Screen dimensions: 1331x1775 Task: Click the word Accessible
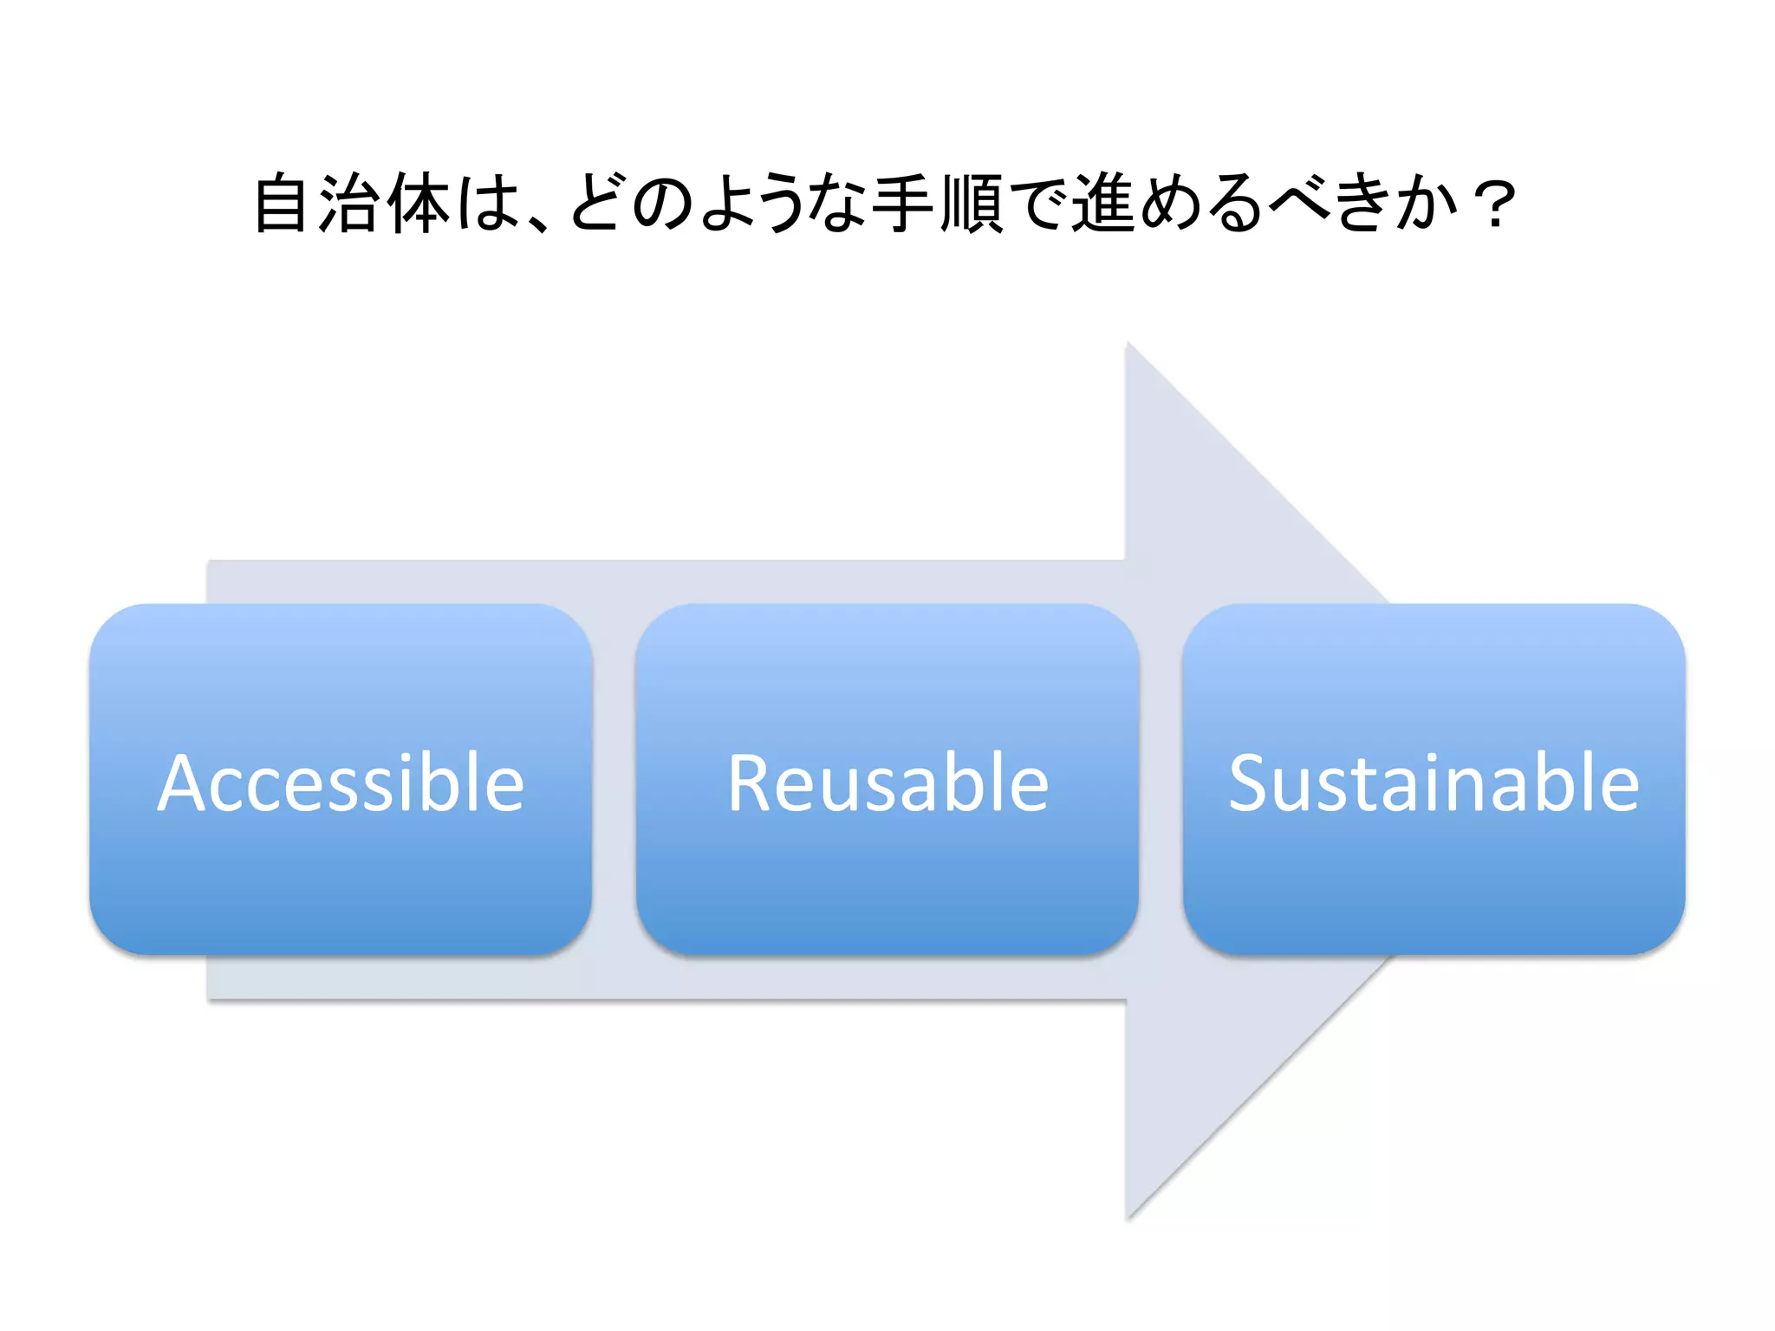[x=341, y=783]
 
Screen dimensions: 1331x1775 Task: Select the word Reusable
[x=887, y=783]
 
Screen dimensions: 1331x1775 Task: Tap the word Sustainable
[x=1434, y=783]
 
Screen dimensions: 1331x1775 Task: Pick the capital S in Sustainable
[x=1251, y=783]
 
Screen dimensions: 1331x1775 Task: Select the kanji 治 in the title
[x=349, y=204]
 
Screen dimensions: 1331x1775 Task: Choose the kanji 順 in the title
[x=971, y=204]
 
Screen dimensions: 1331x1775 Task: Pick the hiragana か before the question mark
[x=1427, y=204]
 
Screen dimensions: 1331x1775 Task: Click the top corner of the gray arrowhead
[x=1128, y=345]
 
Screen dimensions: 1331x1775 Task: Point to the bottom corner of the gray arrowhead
[x=1128, y=1217]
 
